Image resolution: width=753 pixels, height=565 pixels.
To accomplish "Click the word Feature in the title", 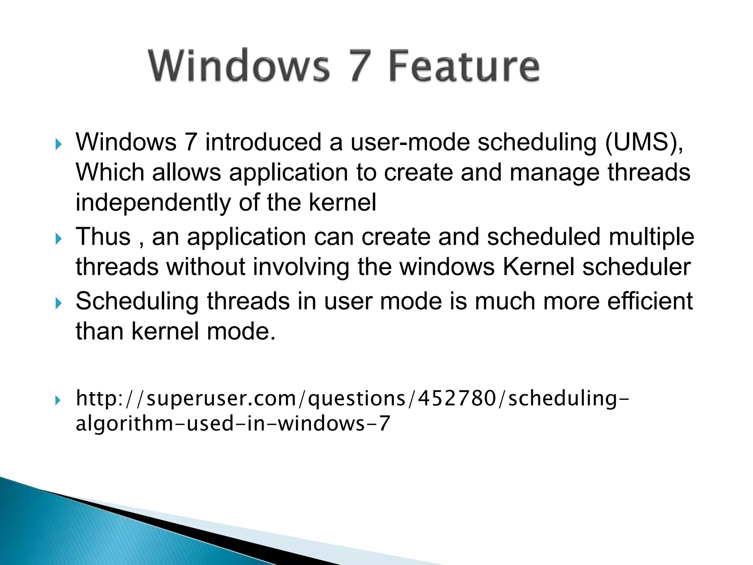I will tap(464, 66).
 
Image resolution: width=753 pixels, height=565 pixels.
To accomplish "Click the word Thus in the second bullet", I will tap(103, 237).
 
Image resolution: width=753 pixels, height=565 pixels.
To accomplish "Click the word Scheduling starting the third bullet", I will tap(137, 301).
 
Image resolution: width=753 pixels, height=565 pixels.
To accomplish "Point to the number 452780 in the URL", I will tap(457, 398).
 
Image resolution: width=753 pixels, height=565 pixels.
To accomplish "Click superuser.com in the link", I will tap(221, 398).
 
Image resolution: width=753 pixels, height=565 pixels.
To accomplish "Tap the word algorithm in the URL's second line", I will tap(124, 423).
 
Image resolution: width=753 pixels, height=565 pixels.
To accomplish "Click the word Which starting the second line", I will tap(110, 172).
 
